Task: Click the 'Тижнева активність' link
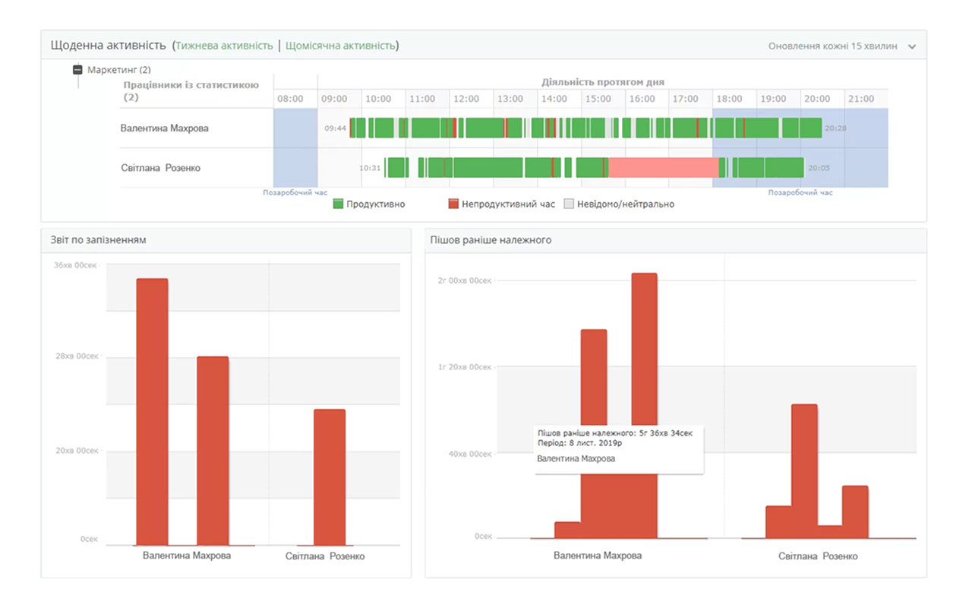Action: tap(224, 46)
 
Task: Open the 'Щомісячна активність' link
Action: tap(341, 46)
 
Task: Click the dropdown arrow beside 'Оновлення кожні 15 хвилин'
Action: tap(912, 46)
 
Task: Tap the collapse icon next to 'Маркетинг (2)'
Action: tap(77, 69)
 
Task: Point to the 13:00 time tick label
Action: tap(510, 99)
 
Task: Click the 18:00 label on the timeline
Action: tap(729, 99)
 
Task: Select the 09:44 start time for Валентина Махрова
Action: tap(335, 128)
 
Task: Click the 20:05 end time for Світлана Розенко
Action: tap(819, 168)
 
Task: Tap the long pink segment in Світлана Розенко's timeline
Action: tap(664, 168)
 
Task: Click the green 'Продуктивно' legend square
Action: tap(338, 204)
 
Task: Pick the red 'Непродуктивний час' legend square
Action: tap(453, 204)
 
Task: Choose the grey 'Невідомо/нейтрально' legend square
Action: tap(569, 204)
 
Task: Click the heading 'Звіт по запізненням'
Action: tap(98, 239)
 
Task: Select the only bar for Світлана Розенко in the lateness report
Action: tap(330, 477)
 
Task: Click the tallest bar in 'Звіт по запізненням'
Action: tap(152, 412)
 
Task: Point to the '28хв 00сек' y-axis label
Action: tap(77, 356)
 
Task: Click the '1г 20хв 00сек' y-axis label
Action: tap(465, 367)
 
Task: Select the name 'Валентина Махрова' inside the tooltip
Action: tap(576, 458)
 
